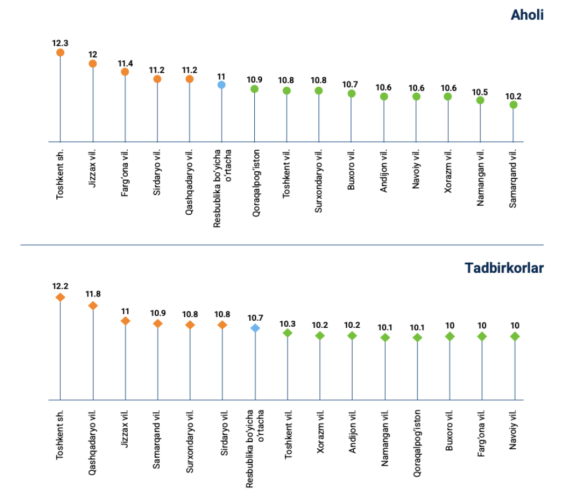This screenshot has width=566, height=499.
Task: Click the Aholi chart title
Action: pos(527,15)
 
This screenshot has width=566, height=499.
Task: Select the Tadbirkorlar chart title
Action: pos(504,268)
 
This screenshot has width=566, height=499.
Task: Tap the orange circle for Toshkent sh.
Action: pos(60,52)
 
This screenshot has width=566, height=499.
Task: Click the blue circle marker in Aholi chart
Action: pos(221,84)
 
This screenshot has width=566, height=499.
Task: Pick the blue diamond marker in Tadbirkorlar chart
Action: pos(255,328)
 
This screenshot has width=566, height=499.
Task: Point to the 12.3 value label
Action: pos(60,43)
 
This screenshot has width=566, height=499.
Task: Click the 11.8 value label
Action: pos(93,294)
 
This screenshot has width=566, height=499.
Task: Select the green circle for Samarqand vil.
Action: pos(513,104)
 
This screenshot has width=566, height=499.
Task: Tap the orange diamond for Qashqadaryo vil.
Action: pos(93,305)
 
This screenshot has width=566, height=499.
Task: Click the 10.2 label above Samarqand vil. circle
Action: pos(513,95)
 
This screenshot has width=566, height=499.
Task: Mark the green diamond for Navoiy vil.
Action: pos(515,336)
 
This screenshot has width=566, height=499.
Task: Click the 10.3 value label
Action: pos(287,324)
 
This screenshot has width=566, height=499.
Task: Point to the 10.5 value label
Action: pos(480,91)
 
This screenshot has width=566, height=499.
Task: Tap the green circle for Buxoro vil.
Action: pos(352,93)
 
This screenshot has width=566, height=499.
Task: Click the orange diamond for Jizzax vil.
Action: pos(125,321)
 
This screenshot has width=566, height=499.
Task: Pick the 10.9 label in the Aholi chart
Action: pos(254,79)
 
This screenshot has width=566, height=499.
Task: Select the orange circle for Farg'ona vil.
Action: pos(125,72)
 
